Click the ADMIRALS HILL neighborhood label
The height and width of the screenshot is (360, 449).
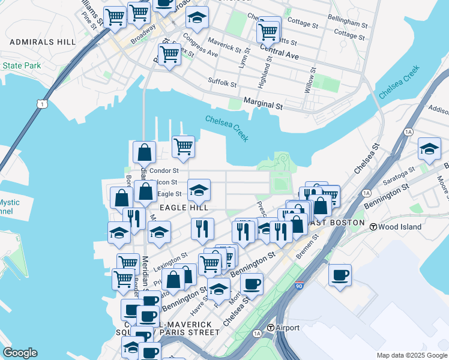[43, 42]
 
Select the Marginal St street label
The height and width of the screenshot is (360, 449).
[264, 105]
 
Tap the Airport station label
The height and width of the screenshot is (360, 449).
[287, 328]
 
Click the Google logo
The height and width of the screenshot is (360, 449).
[20, 353]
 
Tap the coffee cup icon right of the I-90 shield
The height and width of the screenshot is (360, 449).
[340, 275]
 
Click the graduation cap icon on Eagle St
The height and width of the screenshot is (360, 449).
[199, 191]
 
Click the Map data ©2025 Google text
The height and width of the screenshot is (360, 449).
[411, 355]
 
